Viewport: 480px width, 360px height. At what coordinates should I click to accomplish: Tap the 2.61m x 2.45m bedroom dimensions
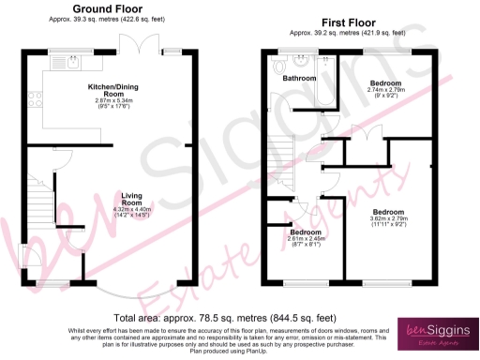click(306, 242)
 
